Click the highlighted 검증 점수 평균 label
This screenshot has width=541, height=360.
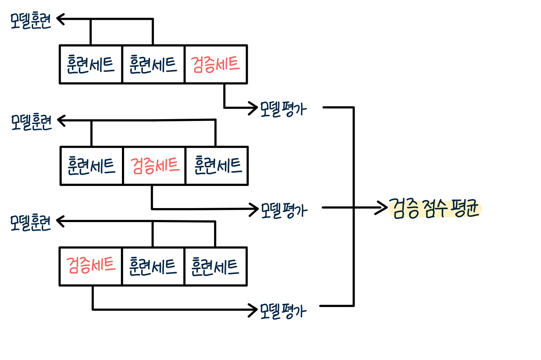[435, 208]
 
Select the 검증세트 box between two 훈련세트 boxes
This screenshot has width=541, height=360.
[154, 166]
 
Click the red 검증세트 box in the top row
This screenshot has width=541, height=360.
[216, 64]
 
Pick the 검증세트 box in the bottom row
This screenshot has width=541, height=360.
[91, 266]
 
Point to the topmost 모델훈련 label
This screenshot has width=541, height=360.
[31, 20]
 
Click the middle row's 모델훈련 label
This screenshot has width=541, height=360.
[31, 122]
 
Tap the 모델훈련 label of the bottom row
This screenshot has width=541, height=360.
[31, 222]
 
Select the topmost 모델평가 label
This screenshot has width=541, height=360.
[283, 109]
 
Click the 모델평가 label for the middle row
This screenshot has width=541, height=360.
[284, 211]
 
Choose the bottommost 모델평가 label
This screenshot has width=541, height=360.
[283, 311]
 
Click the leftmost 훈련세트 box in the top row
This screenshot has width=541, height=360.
[91, 64]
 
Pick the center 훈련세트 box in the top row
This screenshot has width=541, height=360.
[153, 64]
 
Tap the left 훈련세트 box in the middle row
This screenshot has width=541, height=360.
[91, 166]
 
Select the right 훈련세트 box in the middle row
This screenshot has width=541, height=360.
[217, 166]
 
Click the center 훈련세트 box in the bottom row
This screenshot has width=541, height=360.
[153, 266]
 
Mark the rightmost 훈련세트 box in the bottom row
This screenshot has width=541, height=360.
[216, 266]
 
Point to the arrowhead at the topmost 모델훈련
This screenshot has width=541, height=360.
[60, 19]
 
